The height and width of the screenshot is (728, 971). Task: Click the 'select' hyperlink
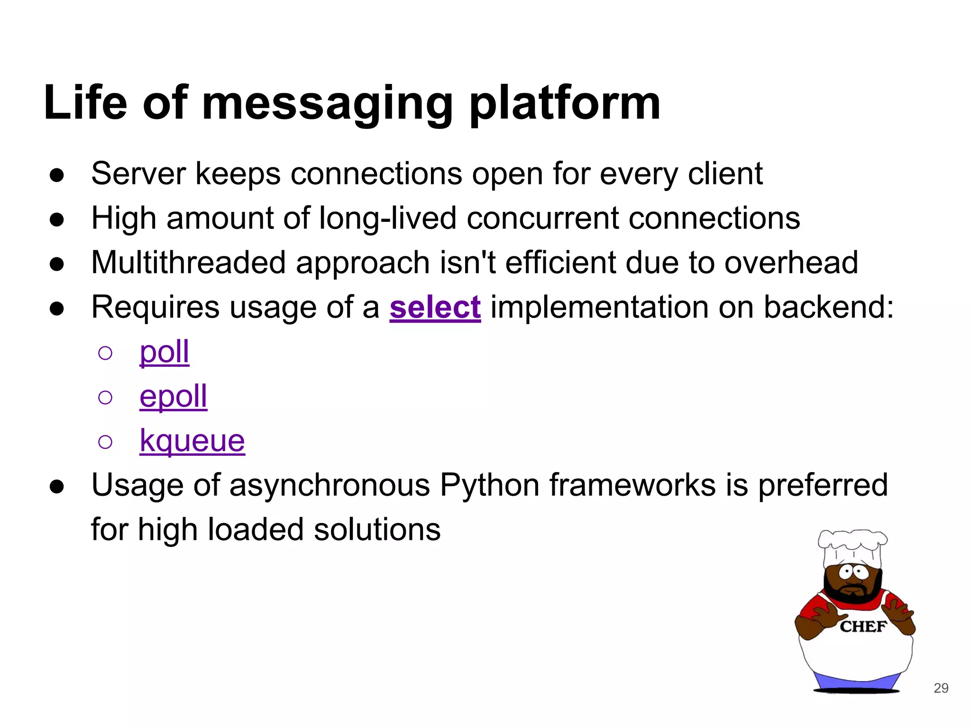[x=435, y=308]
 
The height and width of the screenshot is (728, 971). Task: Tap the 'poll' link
[x=164, y=352]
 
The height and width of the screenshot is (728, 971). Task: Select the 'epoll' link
[x=173, y=396]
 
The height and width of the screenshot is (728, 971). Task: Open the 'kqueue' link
[x=192, y=441]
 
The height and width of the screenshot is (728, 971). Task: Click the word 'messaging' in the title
[x=327, y=103]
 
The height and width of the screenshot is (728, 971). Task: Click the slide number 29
[x=941, y=688]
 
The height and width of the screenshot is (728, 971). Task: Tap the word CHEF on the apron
[x=863, y=627]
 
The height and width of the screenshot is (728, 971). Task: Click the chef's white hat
[x=852, y=547]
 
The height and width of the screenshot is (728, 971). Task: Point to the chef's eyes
[x=853, y=573]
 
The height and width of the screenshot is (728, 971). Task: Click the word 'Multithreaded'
[x=188, y=263]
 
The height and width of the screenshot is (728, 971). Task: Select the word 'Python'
[x=489, y=485]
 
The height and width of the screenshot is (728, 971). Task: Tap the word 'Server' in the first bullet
[x=138, y=174]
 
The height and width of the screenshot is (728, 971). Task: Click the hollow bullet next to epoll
[x=105, y=397]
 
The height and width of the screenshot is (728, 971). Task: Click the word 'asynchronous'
[x=329, y=485]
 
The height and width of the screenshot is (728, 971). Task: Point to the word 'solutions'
[x=377, y=529]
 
